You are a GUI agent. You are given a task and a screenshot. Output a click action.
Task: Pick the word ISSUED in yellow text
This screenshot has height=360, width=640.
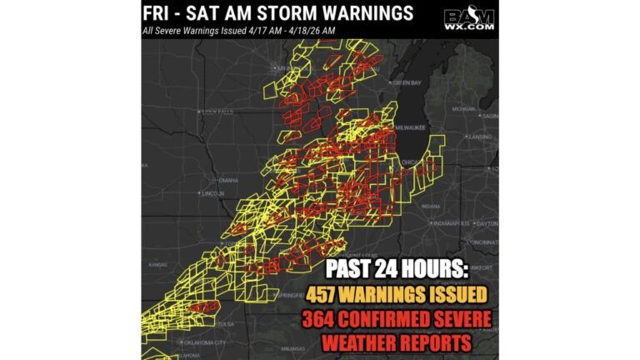coord(453,295)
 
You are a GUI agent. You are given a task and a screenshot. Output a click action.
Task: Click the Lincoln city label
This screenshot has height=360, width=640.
coord(212,193)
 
